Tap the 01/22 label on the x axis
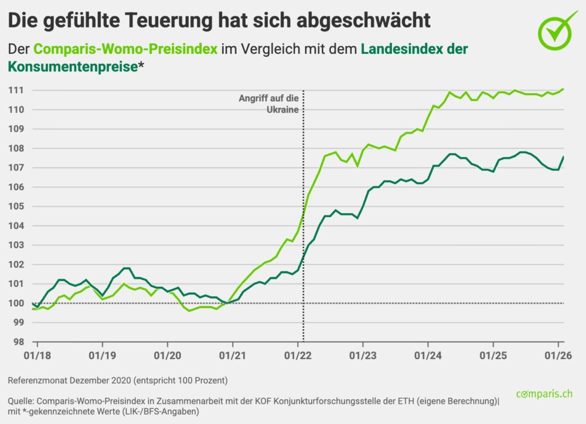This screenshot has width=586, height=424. [298, 355]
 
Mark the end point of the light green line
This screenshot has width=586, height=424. [563, 89]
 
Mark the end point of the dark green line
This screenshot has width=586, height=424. [563, 157]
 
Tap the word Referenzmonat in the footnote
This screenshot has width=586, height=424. [38, 381]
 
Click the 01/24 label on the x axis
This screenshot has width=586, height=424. [428, 355]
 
